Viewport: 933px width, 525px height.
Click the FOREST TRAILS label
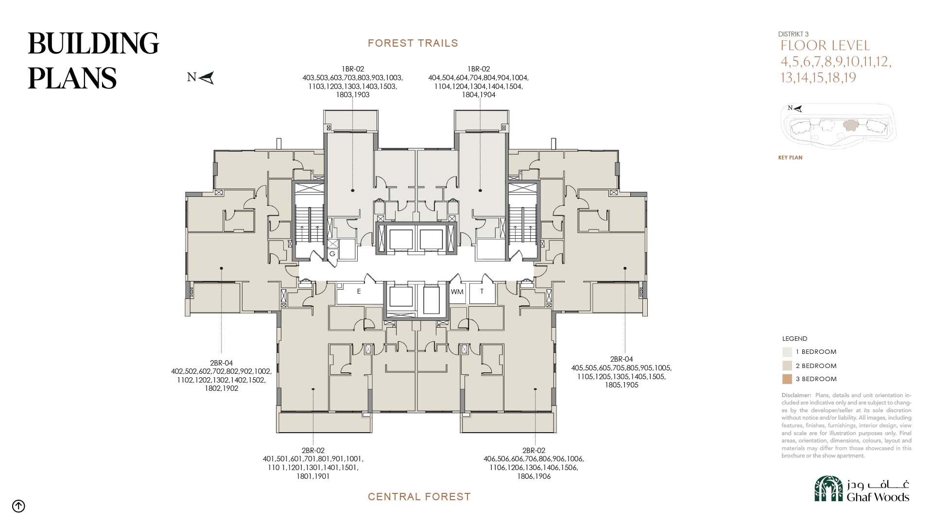pyautogui.click(x=413, y=43)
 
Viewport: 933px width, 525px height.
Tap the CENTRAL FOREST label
pyautogui.click(x=419, y=497)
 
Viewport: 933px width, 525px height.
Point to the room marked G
pyautogui.click(x=332, y=254)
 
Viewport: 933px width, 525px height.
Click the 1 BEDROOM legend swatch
pyautogui.click(x=787, y=352)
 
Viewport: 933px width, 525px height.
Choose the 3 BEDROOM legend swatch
pyautogui.click(x=787, y=379)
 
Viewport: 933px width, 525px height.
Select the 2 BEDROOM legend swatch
pyautogui.click(x=787, y=366)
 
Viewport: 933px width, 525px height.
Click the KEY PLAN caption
pyautogui.click(x=790, y=157)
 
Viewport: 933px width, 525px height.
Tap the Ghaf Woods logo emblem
pyautogui.click(x=829, y=489)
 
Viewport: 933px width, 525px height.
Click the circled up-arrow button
pyautogui.click(x=18, y=506)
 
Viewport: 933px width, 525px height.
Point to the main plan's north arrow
pyautogui.click(x=207, y=78)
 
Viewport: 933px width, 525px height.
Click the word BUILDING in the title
pyautogui.click(x=93, y=43)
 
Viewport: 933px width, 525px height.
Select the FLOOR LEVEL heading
pyautogui.click(x=825, y=46)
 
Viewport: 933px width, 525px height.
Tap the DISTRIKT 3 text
pyautogui.click(x=794, y=34)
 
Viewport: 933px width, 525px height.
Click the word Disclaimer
pyautogui.click(x=796, y=395)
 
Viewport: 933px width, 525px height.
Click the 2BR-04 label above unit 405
pyautogui.click(x=622, y=360)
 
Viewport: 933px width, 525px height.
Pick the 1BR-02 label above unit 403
pyautogui.click(x=353, y=69)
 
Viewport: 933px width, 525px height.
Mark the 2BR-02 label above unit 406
pyautogui.click(x=534, y=451)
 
